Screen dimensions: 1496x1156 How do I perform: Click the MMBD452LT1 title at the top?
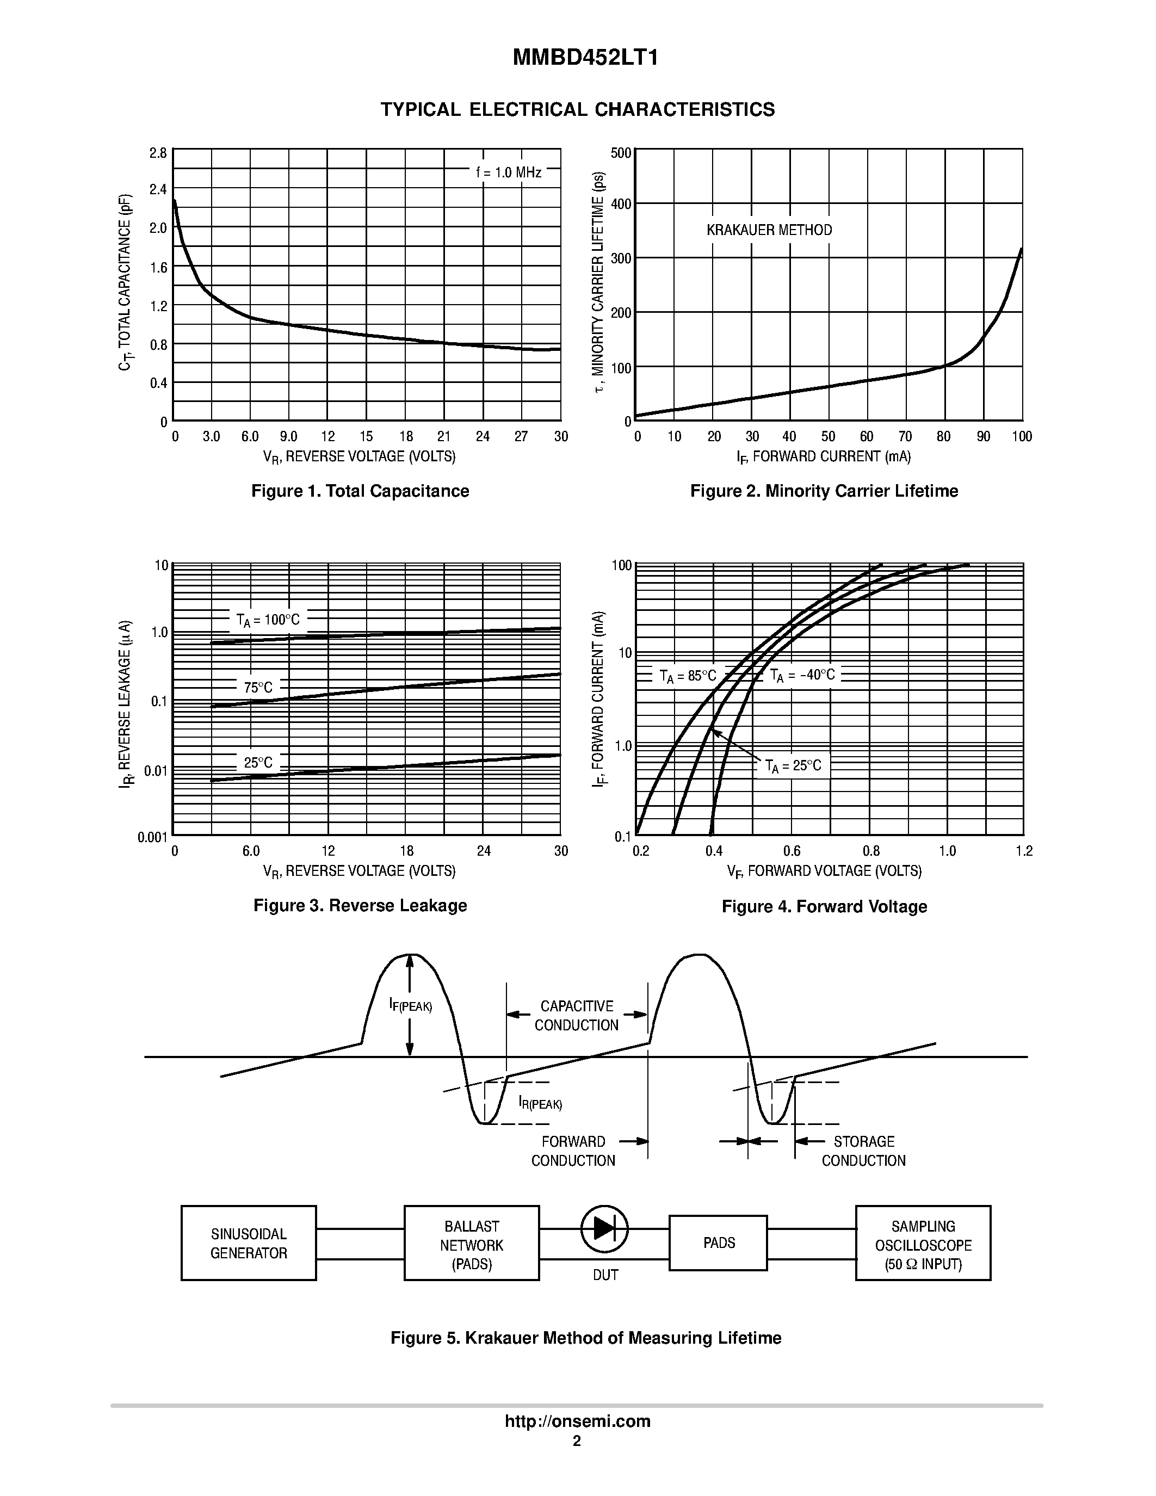coord(585,58)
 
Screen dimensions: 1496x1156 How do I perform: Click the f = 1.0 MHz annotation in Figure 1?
coord(508,172)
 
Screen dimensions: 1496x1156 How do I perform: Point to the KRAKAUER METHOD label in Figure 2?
coord(769,230)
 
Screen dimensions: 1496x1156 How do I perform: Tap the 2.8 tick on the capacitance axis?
coord(158,153)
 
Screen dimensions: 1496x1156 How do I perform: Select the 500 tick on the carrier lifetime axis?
coord(621,153)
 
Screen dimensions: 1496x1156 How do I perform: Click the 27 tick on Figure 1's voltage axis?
coord(521,436)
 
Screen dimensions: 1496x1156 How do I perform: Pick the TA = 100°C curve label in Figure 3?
coord(268,620)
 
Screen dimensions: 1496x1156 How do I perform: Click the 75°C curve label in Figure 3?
coord(258,687)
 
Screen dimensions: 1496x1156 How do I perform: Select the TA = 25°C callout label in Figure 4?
coord(793,766)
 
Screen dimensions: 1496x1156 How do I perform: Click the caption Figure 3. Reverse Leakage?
coord(360,906)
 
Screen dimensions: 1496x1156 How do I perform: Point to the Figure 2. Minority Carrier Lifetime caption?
coord(824,491)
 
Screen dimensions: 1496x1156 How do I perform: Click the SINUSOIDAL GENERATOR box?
coord(249,1243)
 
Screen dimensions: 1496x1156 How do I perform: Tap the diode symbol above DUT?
coord(604,1228)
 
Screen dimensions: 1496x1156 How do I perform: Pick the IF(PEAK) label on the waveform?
coord(410,1005)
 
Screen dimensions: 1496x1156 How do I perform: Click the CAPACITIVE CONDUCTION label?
coord(577,1016)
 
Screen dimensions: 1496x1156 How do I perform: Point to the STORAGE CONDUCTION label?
coord(863,1151)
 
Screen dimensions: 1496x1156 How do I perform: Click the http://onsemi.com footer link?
coord(577,1421)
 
